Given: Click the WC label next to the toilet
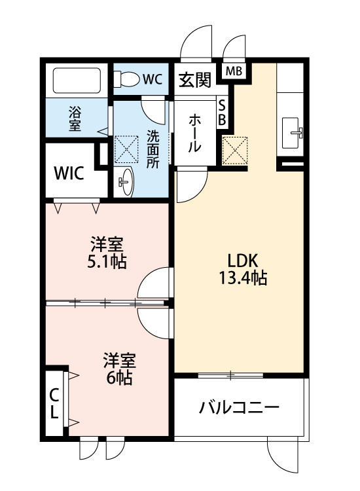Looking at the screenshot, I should [152, 79].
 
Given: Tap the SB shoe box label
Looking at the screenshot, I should [222, 113].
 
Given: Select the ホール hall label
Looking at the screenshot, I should [195, 134].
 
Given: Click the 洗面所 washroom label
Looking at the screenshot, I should [153, 149].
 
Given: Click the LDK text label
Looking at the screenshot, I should [242, 260].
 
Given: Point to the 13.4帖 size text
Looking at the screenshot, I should [242, 278].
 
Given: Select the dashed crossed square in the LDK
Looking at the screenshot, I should [235, 150].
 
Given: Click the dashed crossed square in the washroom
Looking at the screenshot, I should [126, 149].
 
